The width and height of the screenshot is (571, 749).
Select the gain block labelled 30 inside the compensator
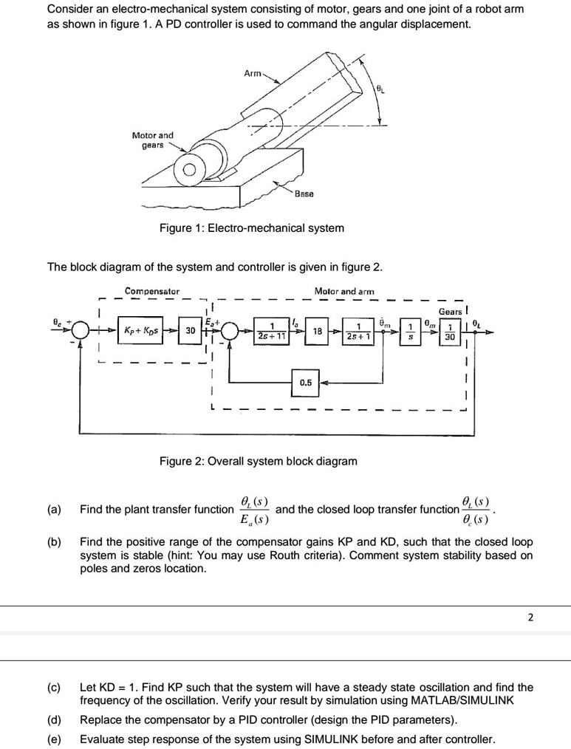click(189, 330)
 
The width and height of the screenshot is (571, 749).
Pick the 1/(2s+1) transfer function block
click(358, 330)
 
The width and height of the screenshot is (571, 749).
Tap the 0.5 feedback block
click(305, 382)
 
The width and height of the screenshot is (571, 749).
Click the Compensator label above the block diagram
click(151, 291)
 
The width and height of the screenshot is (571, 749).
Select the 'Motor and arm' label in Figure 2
click(344, 291)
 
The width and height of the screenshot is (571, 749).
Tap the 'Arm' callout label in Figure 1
click(253, 73)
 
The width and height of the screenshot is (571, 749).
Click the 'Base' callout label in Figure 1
click(304, 194)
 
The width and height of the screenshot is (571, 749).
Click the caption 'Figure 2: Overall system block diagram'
click(258, 461)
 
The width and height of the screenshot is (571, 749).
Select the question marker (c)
click(54, 687)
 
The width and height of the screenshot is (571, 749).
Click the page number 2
click(530, 618)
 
